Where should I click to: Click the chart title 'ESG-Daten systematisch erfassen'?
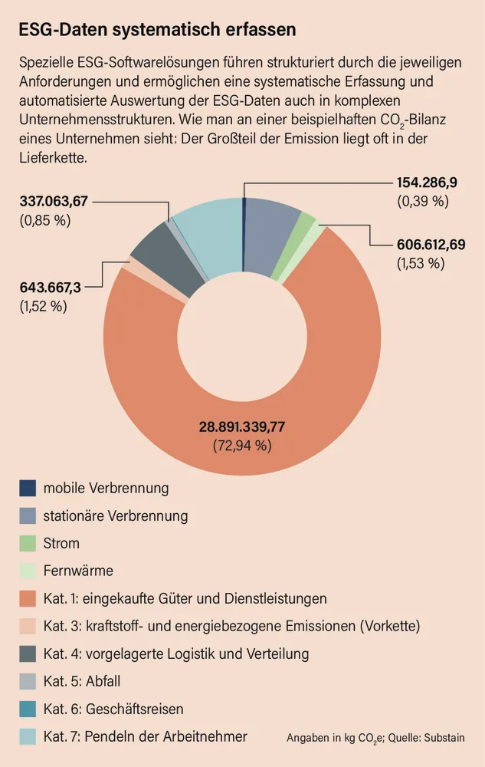(x=157, y=30)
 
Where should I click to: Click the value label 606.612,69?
(x=431, y=245)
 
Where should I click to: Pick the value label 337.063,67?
(x=54, y=202)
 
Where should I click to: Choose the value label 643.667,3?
(x=51, y=287)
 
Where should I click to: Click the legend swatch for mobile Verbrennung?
(x=28, y=488)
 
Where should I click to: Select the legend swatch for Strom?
(x=28, y=544)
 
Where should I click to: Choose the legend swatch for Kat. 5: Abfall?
(x=28, y=681)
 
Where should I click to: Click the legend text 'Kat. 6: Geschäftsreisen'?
(x=113, y=709)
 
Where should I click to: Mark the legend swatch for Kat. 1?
(x=28, y=598)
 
